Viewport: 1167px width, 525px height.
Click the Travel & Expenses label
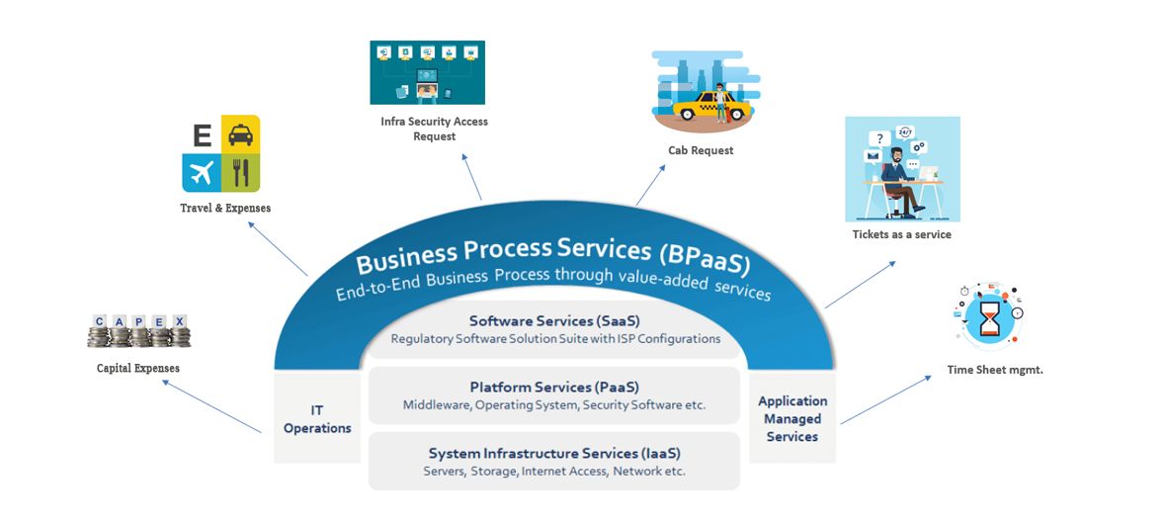[x=225, y=209]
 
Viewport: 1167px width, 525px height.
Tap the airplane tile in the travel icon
[x=200, y=172]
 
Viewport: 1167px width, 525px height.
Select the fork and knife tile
[x=240, y=172]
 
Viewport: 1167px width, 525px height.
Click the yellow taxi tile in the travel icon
[x=240, y=133]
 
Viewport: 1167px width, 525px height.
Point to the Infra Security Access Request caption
[x=435, y=129]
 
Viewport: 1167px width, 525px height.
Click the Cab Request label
[x=701, y=150]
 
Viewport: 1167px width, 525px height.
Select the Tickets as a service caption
[x=902, y=234]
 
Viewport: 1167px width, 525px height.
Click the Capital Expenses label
[x=138, y=368]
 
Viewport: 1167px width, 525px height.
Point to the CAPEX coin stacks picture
[x=138, y=331]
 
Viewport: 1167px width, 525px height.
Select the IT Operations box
[x=317, y=419]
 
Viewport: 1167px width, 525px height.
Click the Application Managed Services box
[x=792, y=418]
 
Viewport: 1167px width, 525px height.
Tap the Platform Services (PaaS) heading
[x=553, y=387]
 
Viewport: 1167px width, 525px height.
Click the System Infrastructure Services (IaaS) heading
[x=553, y=453]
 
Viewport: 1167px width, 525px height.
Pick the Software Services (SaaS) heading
[x=553, y=320]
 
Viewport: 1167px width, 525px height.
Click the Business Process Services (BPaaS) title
[x=553, y=256]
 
